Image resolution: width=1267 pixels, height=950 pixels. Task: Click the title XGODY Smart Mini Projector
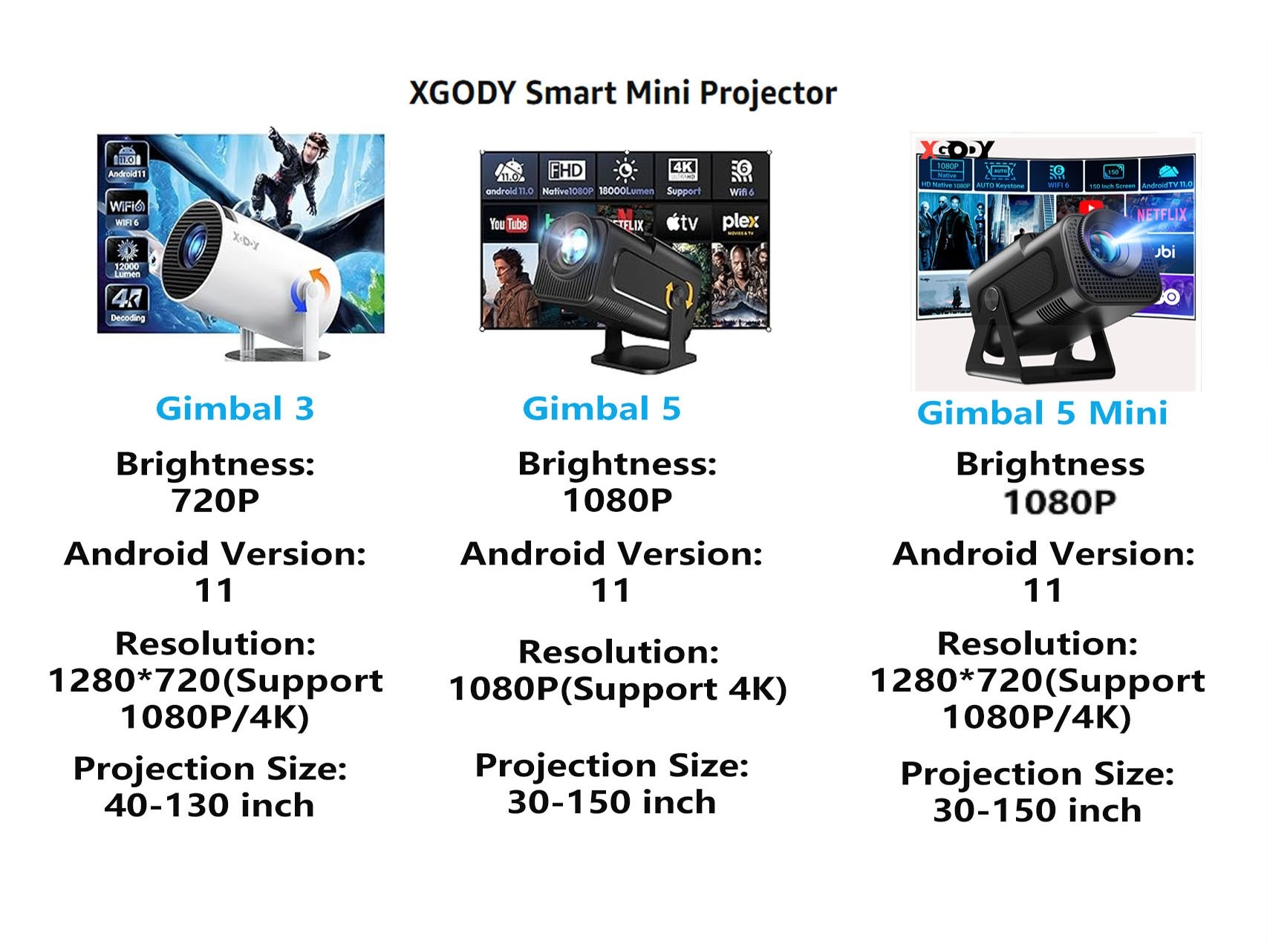(x=622, y=94)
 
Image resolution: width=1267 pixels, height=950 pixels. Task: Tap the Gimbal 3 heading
(x=235, y=409)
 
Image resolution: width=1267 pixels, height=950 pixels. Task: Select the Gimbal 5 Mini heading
(x=1042, y=413)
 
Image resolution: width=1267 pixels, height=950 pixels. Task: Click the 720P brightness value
(x=215, y=501)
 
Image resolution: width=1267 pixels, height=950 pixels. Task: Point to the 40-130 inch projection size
(x=209, y=805)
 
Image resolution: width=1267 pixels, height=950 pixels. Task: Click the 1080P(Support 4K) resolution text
(x=618, y=689)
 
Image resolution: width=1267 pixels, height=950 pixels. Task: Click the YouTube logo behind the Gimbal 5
(x=508, y=224)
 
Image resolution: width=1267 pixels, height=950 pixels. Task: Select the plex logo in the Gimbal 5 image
(x=740, y=222)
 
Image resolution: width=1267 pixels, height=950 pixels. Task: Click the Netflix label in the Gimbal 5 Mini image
(x=1162, y=215)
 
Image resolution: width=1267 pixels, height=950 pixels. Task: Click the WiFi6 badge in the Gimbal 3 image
(x=127, y=210)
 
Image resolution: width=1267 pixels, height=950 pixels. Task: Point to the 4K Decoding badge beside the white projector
(x=128, y=305)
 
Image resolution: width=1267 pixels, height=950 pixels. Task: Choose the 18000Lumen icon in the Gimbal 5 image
(x=625, y=177)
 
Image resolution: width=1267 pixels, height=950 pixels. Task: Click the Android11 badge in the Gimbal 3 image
(x=127, y=162)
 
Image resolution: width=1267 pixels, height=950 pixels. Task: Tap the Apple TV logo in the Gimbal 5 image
(x=682, y=222)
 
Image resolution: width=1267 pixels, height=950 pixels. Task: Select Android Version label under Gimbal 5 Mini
(x=1043, y=553)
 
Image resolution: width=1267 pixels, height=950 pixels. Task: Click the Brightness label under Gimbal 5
(x=617, y=464)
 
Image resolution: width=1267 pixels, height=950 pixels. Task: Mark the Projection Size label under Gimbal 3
(x=210, y=769)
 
